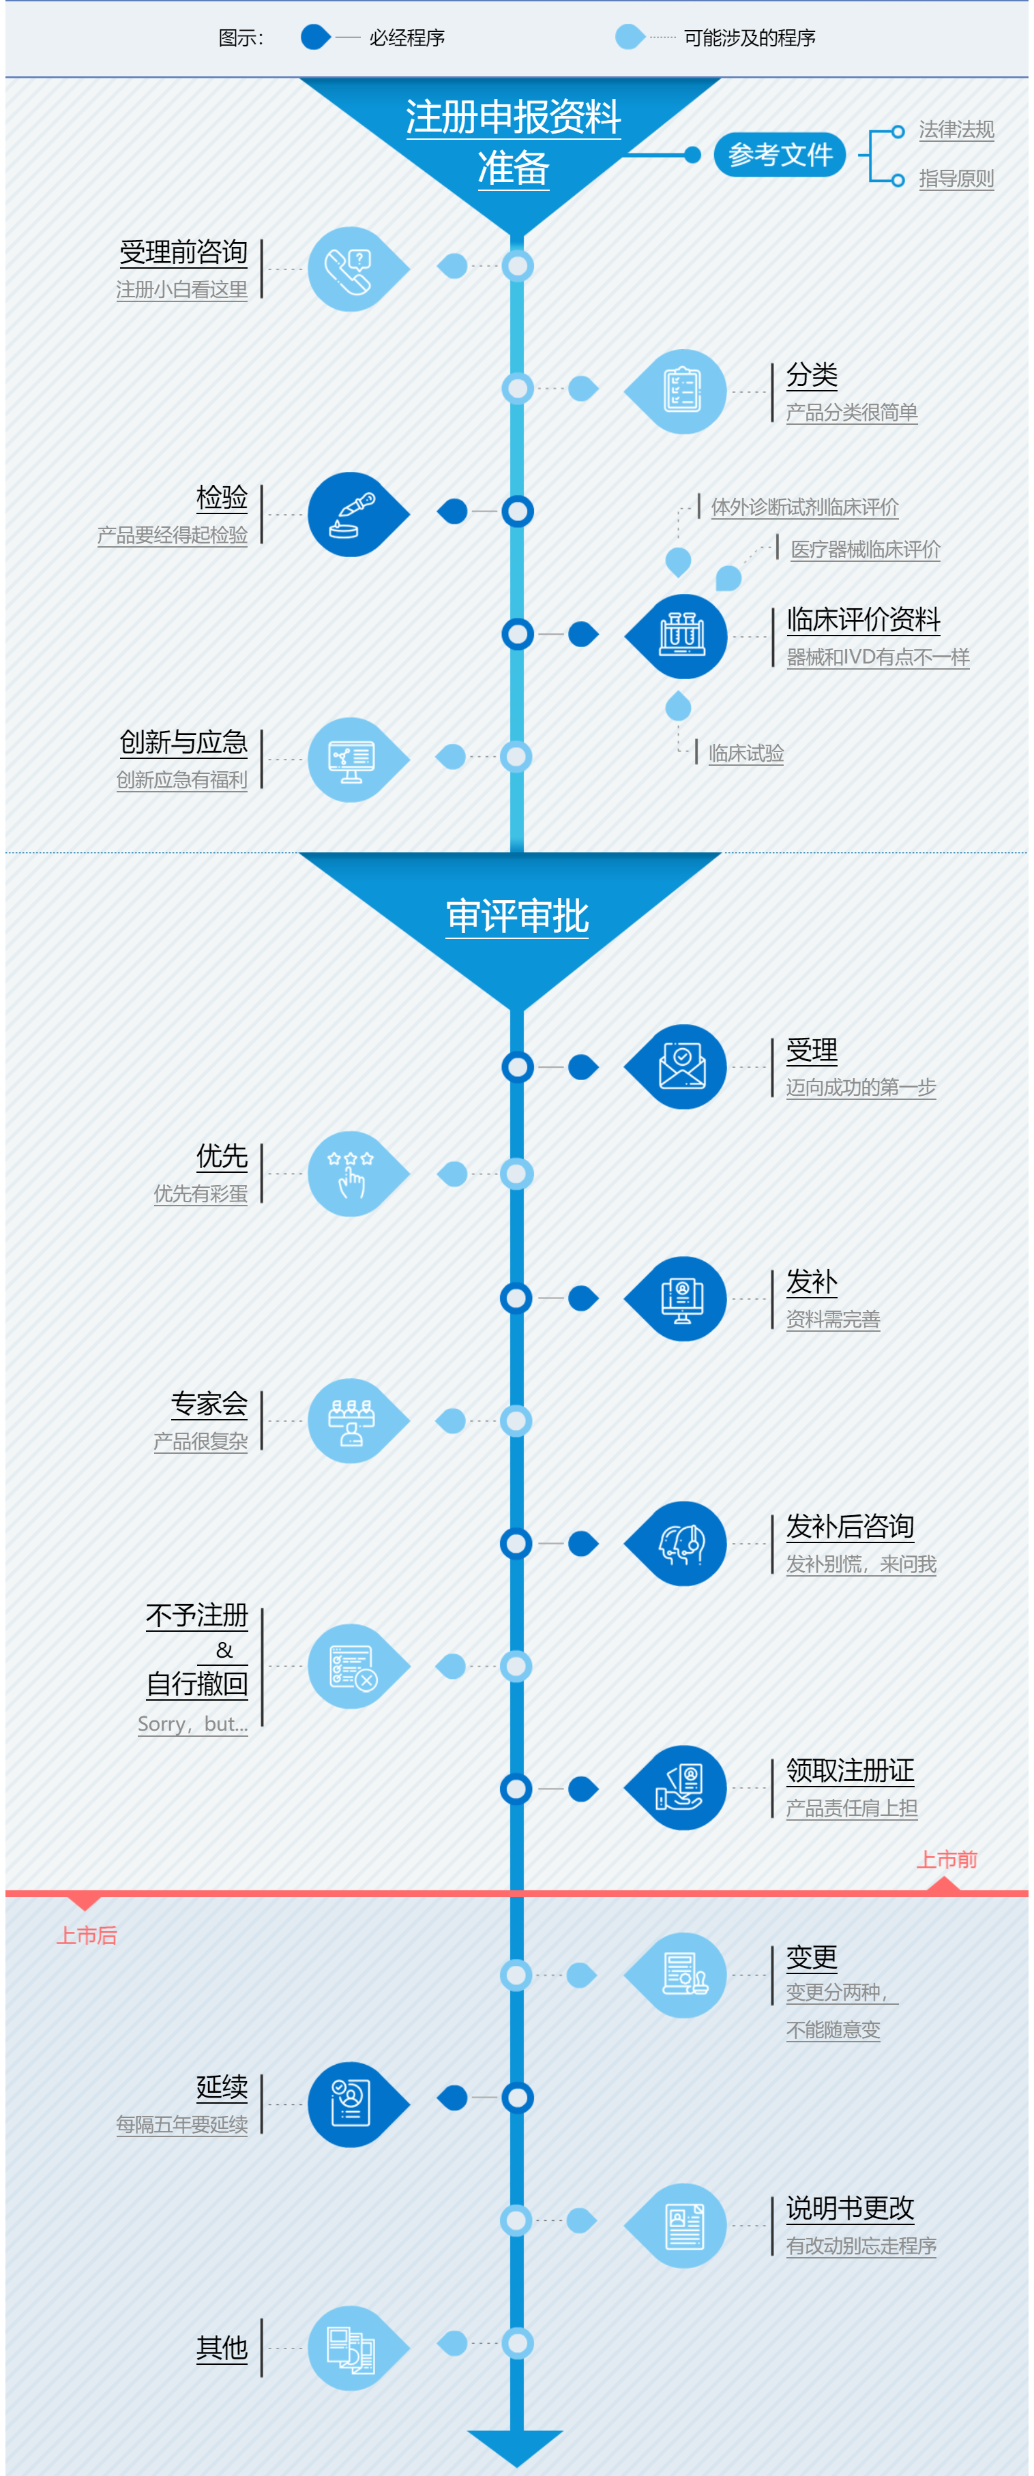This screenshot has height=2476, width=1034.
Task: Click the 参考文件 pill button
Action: (x=780, y=155)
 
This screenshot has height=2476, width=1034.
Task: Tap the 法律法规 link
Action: (x=956, y=130)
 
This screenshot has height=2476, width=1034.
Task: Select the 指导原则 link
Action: (x=956, y=179)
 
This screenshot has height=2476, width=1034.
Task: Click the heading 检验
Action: (x=222, y=498)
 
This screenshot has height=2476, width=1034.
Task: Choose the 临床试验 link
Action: (x=745, y=754)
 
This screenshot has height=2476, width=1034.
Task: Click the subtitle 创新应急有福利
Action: (x=181, y=779)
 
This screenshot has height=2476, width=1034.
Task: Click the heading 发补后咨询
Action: (x=849, y=1526)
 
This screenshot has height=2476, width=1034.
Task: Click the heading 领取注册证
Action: (x=849, y=1770)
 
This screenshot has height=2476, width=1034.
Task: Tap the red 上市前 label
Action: (x=947, y=1860)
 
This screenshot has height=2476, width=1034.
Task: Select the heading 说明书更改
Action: (x=849, y=2209)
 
